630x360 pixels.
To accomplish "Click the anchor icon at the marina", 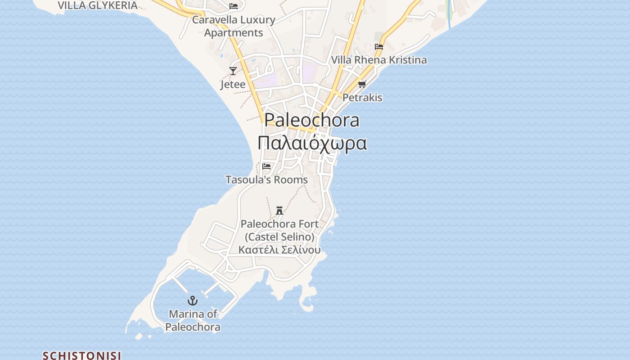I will tap(193, 301).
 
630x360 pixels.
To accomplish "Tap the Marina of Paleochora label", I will tap(193, 320).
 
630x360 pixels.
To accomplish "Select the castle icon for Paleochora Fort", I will tap(279, 210).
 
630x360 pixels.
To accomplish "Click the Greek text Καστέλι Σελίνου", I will tap(279, 250).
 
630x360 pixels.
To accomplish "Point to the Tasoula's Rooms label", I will tap(266, 180).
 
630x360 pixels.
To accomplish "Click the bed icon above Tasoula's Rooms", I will tap(266, 166).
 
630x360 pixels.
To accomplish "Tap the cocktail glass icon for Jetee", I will tap(233, 71).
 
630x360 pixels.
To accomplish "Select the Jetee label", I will tap(233, 84).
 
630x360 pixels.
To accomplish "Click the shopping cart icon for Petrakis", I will tap(362, 84).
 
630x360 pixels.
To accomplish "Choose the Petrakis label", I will tap(362, 97).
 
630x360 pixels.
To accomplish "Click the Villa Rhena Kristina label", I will tap(379, 60).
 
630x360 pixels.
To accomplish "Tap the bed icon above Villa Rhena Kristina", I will tap(379, 46).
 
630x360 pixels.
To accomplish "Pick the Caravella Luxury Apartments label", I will tap(234, 26).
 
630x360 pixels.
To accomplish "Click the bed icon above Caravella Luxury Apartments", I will tap(234, 6).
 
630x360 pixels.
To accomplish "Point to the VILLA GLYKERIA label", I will tap(98, 5).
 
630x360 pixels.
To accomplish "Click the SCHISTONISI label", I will tap(82, 355).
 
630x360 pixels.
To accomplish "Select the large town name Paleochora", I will tap(312, 120).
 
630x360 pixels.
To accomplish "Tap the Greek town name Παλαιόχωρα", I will tap(312, 143).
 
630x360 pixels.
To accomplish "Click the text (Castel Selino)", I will tap(279, 237).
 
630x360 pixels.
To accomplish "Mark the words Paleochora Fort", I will tap(279, 224).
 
